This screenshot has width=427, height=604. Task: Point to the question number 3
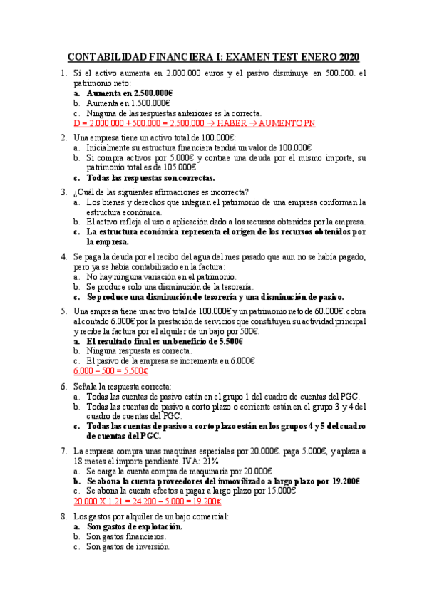pyautogui.click(x=63, y=192)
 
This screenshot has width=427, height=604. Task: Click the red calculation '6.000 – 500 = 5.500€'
pyautogui.click(x=110, y=370)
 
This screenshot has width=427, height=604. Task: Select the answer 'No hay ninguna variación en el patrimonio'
pyautogui.click(x=161, y=276)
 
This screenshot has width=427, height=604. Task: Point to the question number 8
pyautogui.click(x=63, y=516)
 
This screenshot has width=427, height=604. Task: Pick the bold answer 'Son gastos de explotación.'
pyautogui.click(x=134, y=526)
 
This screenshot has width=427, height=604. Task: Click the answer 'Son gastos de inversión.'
pyautogui.click(x=128, y=547)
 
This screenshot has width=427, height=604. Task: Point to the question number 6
pyautogui.click(x=63, y=385)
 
